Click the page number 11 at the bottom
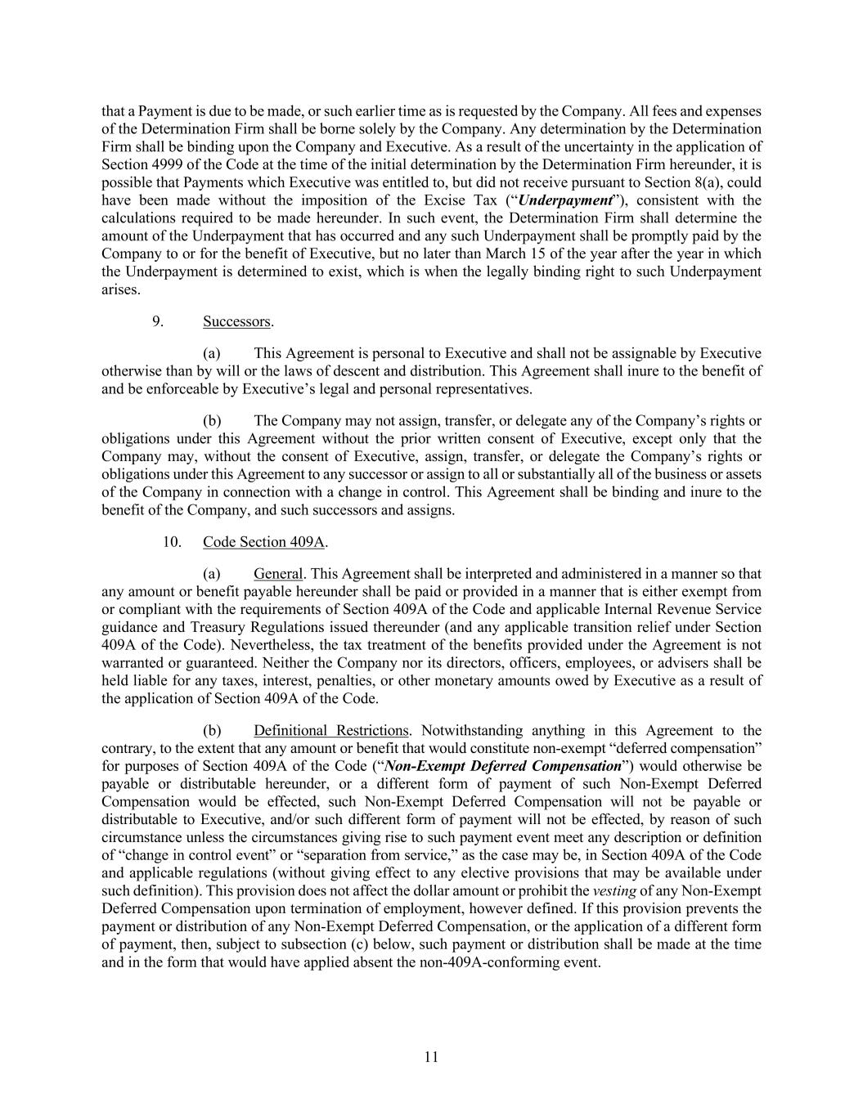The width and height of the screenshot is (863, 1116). coord(431,1057)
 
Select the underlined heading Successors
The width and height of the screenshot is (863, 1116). coord(236,321)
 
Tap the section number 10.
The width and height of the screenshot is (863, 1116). coord(172,541)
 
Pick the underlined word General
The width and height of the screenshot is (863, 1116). coord(278,574)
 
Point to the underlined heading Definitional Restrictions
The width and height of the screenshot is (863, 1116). coord(330,730)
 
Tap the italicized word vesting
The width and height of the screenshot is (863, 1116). coord(614,890)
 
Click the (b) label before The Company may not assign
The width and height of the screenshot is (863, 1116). coord(213,421)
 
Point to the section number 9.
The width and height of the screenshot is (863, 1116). coord(158,321)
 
